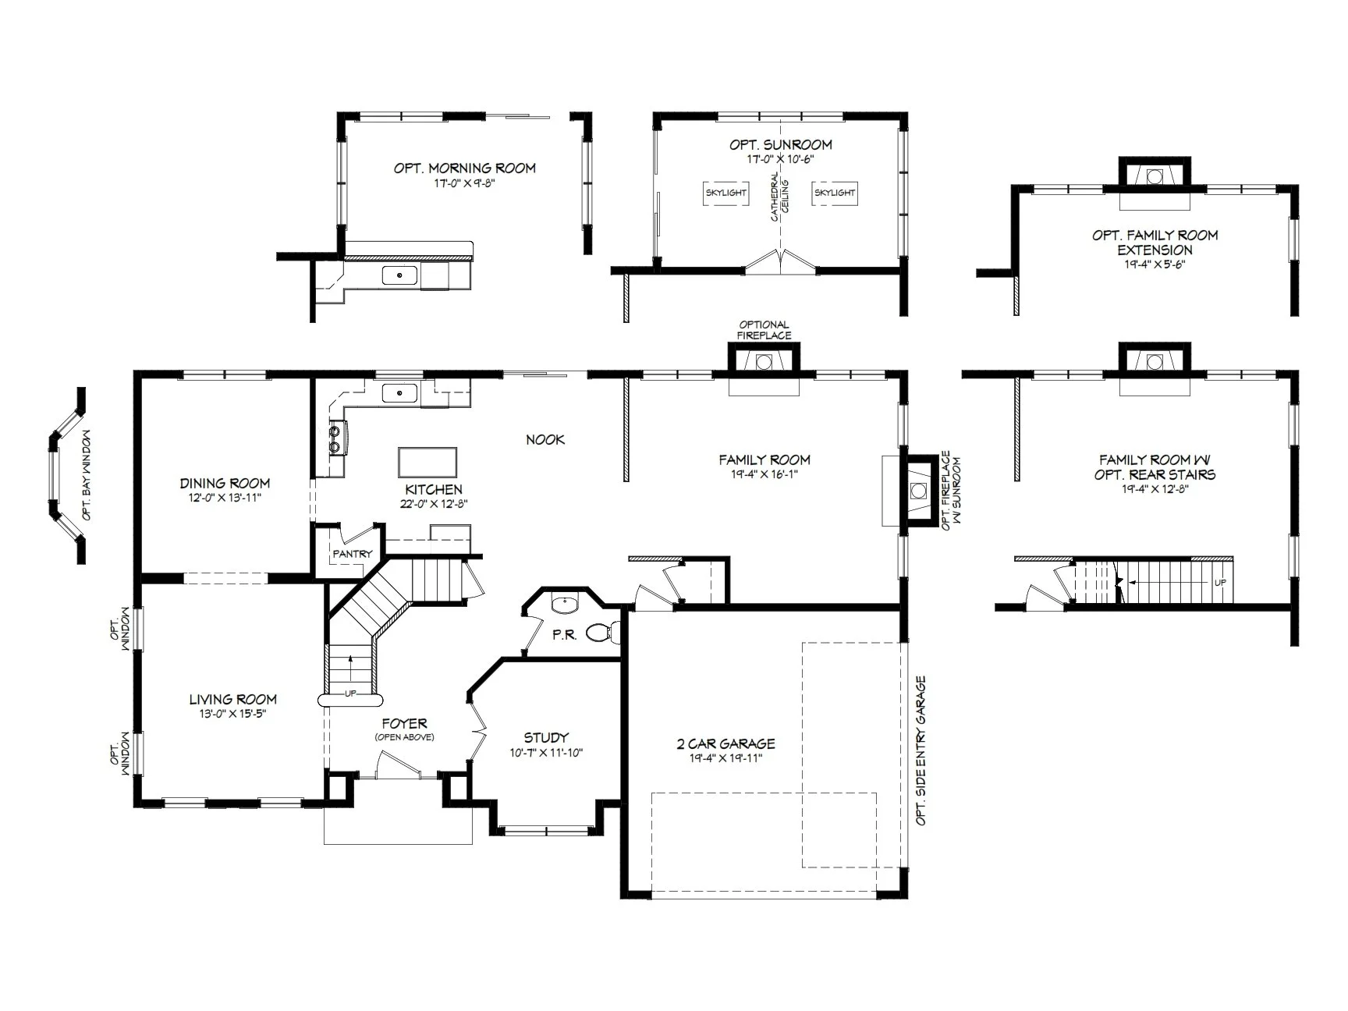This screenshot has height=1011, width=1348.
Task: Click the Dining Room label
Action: pyautogui.click(x=225, y=484)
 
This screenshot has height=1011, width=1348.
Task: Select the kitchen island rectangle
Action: pyautogui.click(x=427, y=462)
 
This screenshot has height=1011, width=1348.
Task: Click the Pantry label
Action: pyautogui.click(x=353, y=554)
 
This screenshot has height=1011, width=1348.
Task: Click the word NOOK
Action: pyautogui.click(x=545, y=440)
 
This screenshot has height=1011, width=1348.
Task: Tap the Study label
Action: pyautogui.click(x=546, y=737)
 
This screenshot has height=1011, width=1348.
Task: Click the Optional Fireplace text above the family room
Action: pyautogui.click(x=764, y=330)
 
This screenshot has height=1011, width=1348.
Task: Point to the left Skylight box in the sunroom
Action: pyautogui.click(x=726, y=193)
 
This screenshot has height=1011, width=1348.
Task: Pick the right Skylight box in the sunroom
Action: pyautogui.click(x=834, y=193)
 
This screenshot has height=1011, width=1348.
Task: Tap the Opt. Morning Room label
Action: pyautogui.click(x=465, y=168)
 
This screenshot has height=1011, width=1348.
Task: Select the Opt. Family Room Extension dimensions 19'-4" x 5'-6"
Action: pyautogui.click(x=1155, y=264)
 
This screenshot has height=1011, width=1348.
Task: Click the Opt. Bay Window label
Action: pyautogui.click(x=87, y=475)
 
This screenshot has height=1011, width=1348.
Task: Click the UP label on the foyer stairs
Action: pyautogui.click(x=350, y=694)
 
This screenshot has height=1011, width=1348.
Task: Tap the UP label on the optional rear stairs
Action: pyautogui.click(x=1219, y=583)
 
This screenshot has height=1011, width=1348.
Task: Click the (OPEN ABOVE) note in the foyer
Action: pyautogui.click(x=404, y=737)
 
